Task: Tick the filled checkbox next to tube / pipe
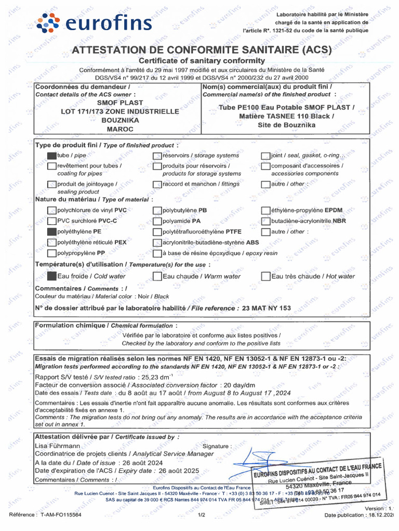click(x=51, y=155)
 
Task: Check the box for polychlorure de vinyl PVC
click(x=51, y=211)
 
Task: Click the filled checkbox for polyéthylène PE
click(x=51, y=232)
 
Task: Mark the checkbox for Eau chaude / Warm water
click(x=157, y=276)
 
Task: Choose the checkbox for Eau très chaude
click(x=265, y=276)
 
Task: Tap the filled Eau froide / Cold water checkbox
click(x=51, y=276)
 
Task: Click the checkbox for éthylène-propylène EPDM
click(x=265, y=211)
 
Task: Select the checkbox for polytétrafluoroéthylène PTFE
click(x=157, y=232)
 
